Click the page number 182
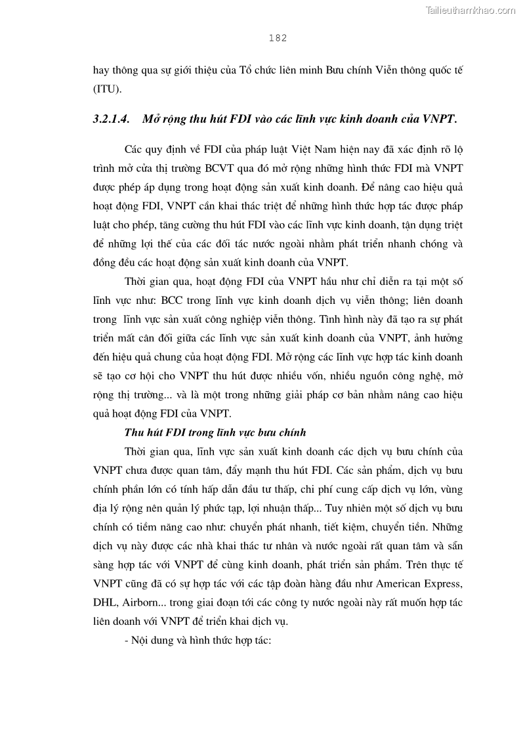point(278,38)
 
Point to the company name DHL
point(105,602)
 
